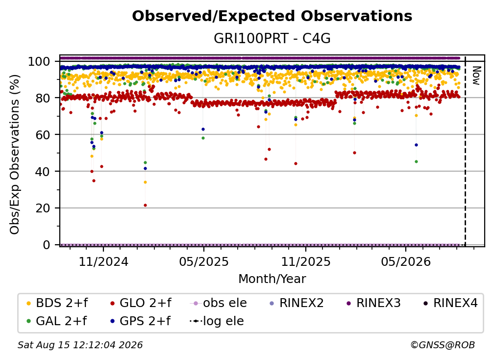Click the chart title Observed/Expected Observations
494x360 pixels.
[x=272, y=16]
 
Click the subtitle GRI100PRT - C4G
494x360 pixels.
[x=272, y=38]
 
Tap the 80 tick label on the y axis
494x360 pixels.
[x=43, y=98]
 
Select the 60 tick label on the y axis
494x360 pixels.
[x=43, y=135]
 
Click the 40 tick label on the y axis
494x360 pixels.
[x=43, y=172]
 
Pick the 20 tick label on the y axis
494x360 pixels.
[x=43, y=208]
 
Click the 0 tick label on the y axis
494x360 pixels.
[x=47, y=245]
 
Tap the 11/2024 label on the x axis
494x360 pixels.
[x=103, y=261]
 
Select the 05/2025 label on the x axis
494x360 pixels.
[x=204, y=261]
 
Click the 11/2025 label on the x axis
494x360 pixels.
[x=306, y=261]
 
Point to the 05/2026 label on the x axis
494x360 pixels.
[x=406, y=261]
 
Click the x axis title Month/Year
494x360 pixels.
[x=272, y=279]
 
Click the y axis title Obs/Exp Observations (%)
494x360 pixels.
[x=15, y=154]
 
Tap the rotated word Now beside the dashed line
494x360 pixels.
[x=476, y=76]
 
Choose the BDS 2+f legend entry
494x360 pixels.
[x=57, y=303]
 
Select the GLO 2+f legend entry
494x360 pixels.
[x=141, y=303]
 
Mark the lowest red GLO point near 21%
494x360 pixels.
[x=145, y=205]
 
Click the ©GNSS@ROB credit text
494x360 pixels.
[x=443, y=345]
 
